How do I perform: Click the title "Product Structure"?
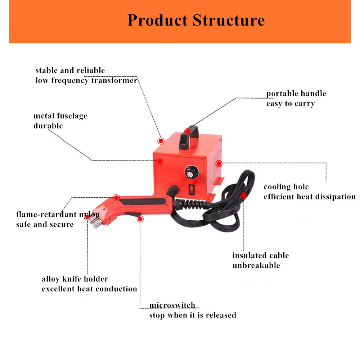pyautogui.click(x=196, y=20)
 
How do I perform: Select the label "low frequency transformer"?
pyautogui.click(x=86, y=80)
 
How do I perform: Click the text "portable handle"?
pyautogui.click(x=296, y=94)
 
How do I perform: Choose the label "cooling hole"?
pyautogui.click(x=286, y=187)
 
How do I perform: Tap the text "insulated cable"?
pyautogui.click(x=260, y=256)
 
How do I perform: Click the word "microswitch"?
pyautogui.click(x=172, y=305)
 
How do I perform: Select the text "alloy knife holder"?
pyautogui.click(x=75, y=279)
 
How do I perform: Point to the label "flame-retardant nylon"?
pyautogui.click(x=58, y=215)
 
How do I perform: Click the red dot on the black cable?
pyautogui.click(x=244, y=195)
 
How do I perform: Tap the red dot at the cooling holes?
pyautogui.click(x=219, y=163)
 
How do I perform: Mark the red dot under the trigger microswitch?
pyautogui.click(x=140, y=219)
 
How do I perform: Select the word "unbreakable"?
pyautogui.click(x=256, y=266)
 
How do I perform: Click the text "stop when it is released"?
pyautogui.click(x=193, y=315)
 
